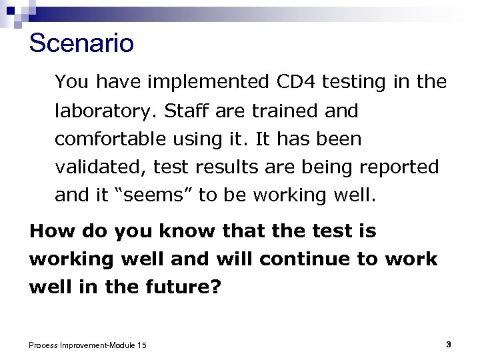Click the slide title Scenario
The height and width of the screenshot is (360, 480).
pyautogui.click(x=81, y=43)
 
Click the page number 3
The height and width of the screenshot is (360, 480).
pyautogui.click(x=449, y=344)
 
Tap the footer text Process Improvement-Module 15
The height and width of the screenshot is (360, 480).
pyautogui.click(x=88, y=345)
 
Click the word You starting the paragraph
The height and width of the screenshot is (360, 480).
pyautogui.click(x=72, y=82)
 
